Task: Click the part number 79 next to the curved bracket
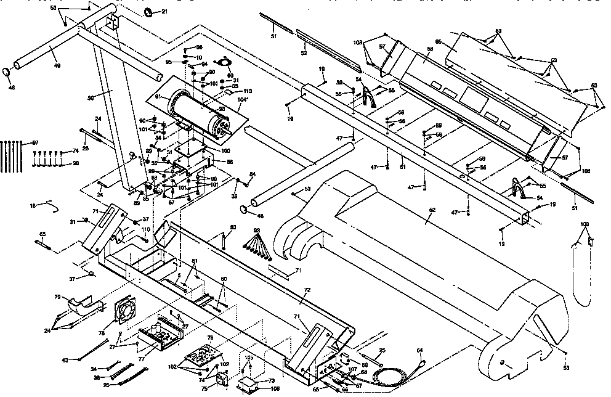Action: tap(57, 298)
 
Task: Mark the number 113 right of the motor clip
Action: tap(248, 91)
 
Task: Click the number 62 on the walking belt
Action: tap(432, 210)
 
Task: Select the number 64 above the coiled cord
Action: tap(420, 351)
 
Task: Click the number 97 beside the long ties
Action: tap(35, 143)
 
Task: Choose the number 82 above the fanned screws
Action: tap(256, 229)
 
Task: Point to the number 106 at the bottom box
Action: tap(275, 389)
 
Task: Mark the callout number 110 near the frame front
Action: tap(145, 229)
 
